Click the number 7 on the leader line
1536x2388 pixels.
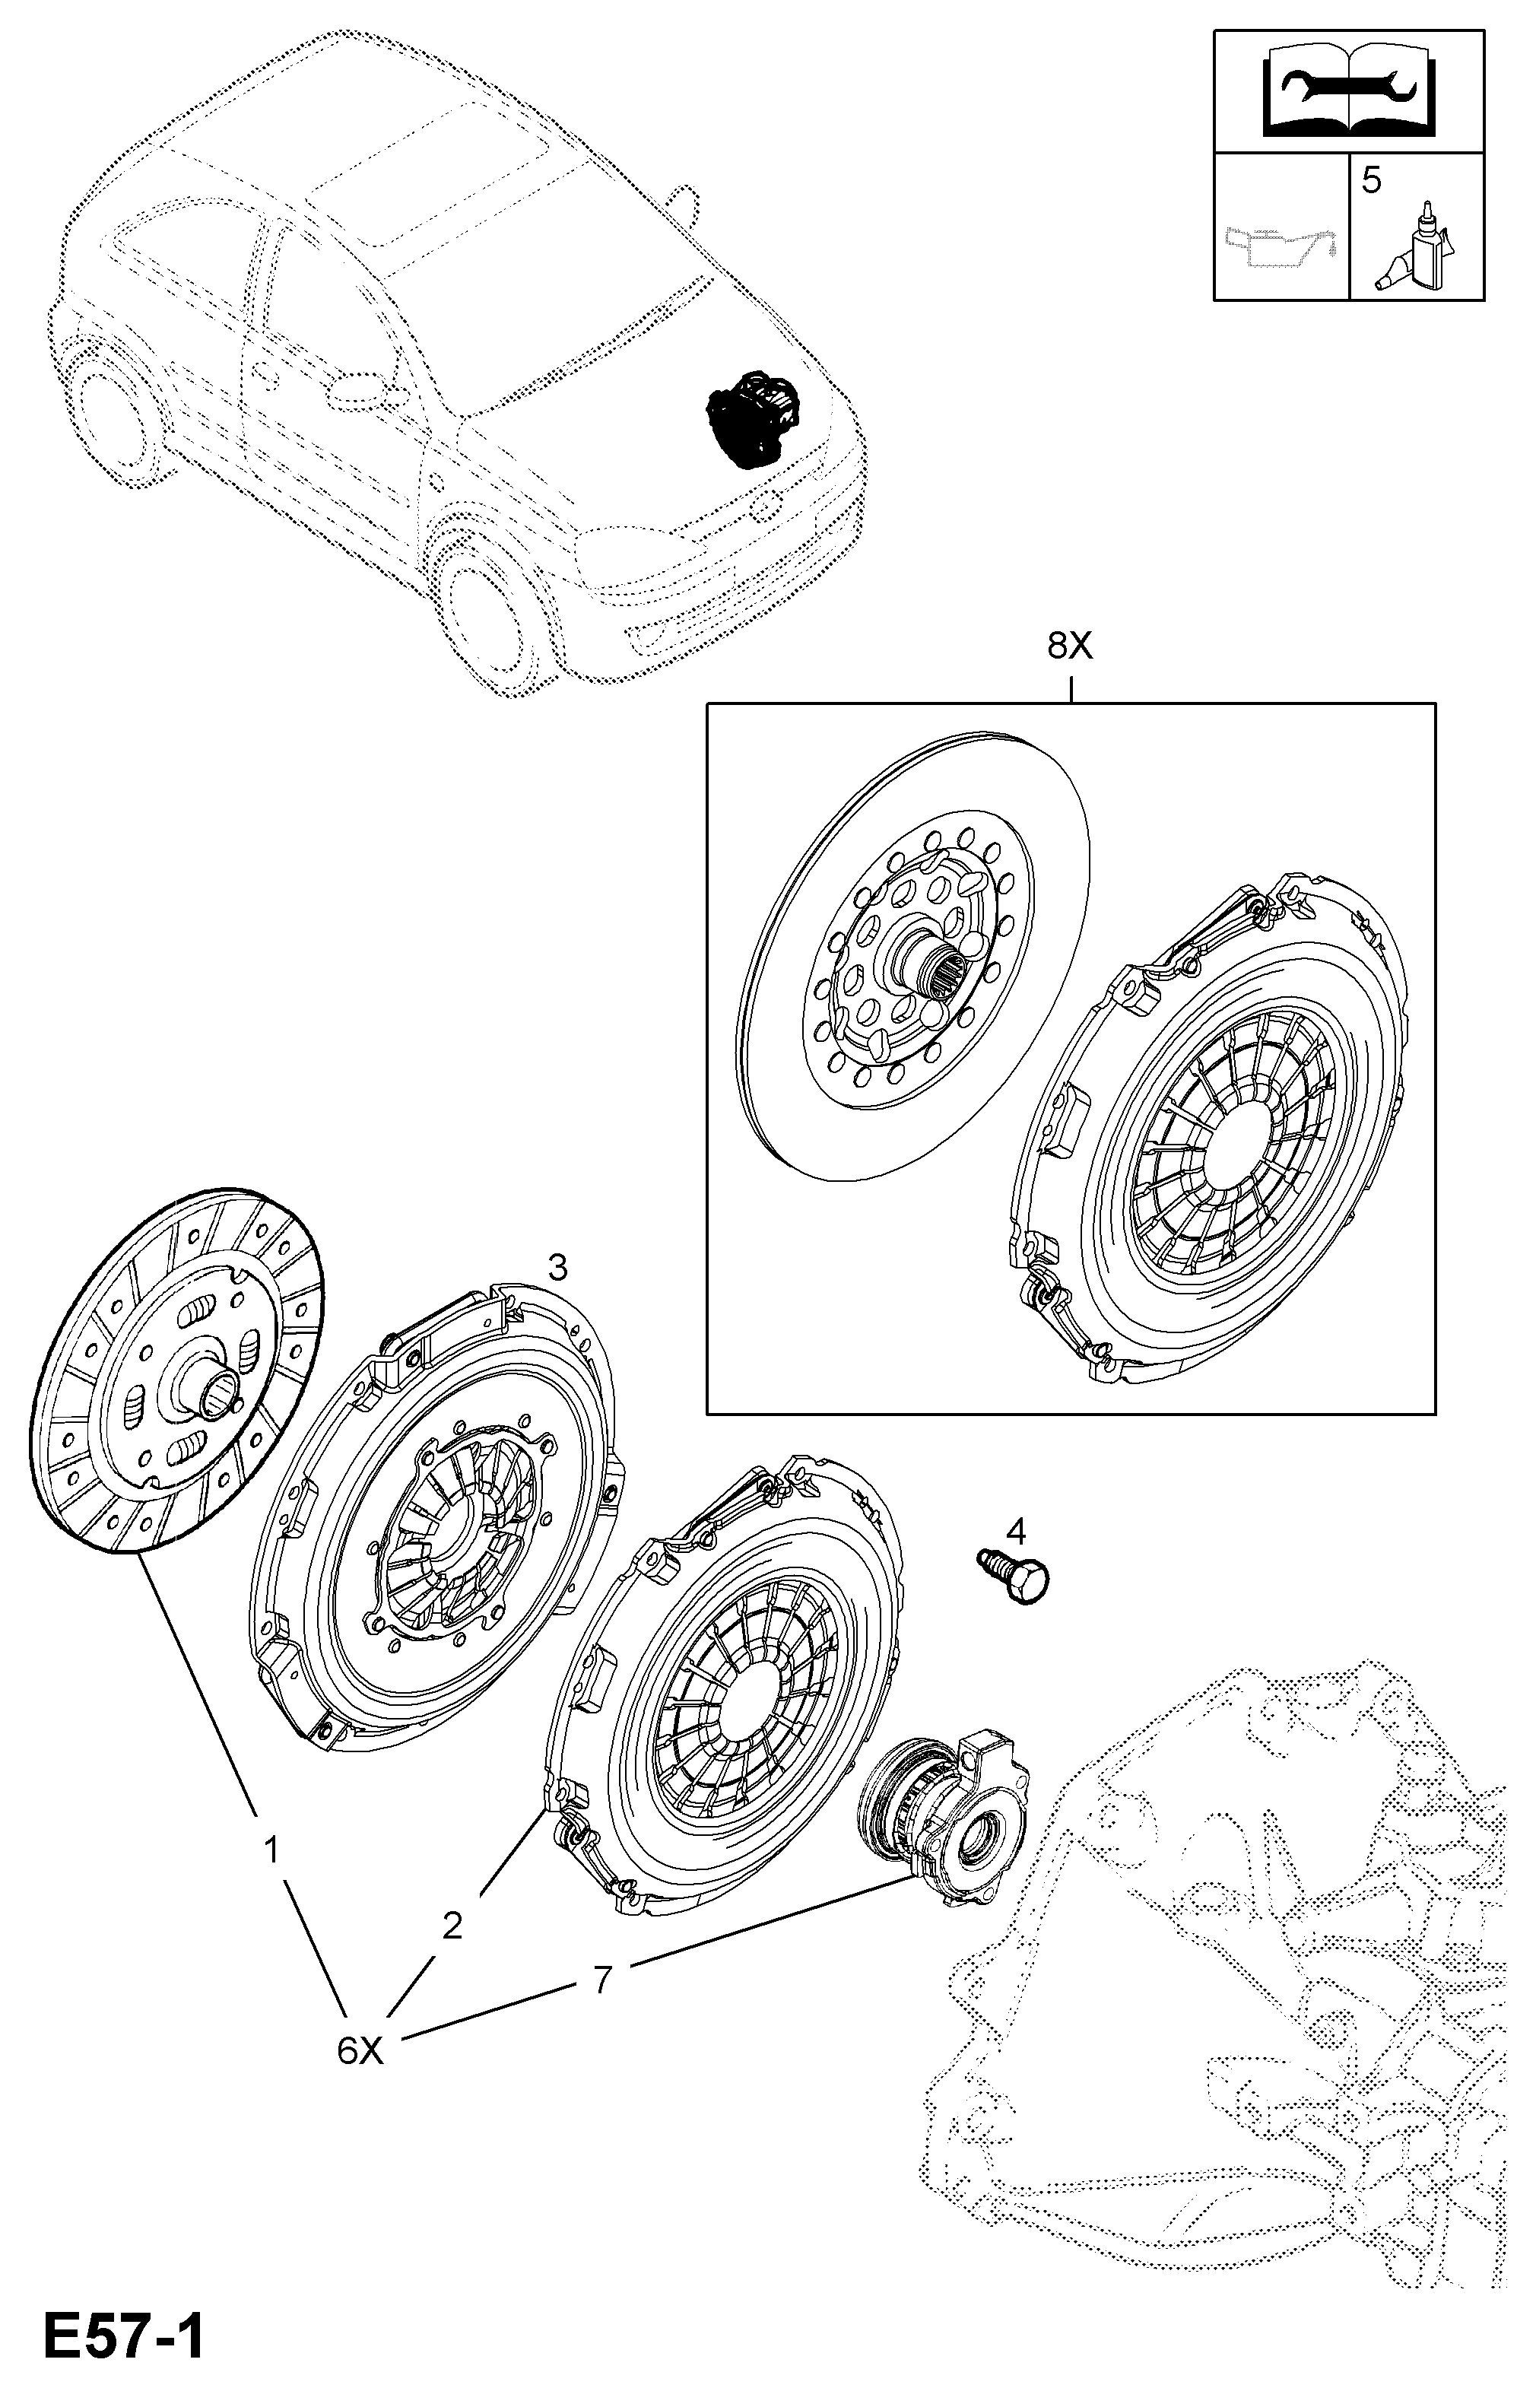(601, 1980)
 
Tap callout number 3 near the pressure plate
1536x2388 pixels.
(557, 1268)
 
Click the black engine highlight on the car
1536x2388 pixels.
(754, 419)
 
